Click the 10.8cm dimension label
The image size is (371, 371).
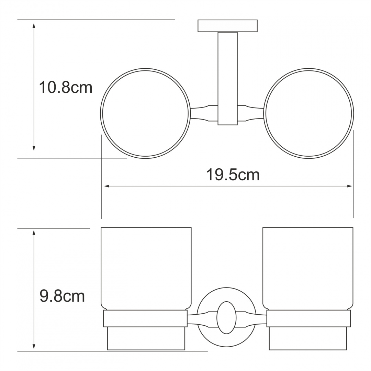tap(65, 88)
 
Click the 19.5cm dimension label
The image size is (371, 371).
tap(233, 175)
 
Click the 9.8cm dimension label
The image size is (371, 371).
tap(62, 296)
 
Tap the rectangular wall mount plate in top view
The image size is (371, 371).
tap(227, 26)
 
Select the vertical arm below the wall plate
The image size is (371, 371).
tap(227, 78)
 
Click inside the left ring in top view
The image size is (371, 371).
tap(145, 113)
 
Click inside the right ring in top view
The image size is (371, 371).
tap(308, 113)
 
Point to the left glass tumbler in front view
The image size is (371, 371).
tap(146, 269)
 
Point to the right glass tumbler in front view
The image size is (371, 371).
tap(308, 269)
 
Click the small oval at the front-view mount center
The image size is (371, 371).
tap(226, 317)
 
